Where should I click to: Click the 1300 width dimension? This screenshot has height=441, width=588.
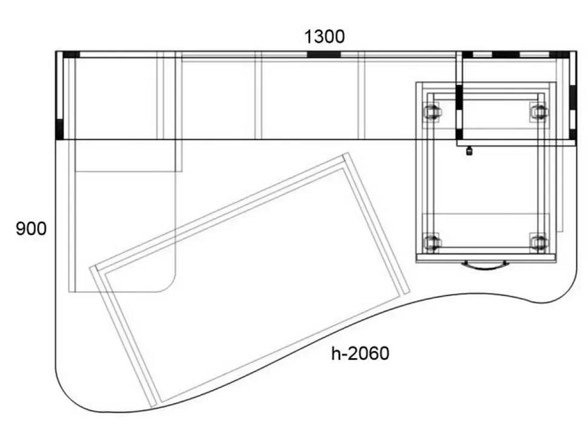pos(324,37)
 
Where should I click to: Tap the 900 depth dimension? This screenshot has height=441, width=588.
pos(31,228)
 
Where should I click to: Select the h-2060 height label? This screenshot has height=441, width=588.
pos(360,353)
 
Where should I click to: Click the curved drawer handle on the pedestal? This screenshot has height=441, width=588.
pos(485,265)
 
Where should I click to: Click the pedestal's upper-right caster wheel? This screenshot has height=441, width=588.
pos(539,111)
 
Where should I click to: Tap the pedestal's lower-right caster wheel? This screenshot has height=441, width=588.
pos(539,242)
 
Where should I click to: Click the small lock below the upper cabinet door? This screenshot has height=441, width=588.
pos(469,151)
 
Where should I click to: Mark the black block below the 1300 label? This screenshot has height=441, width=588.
pos(324,55)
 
